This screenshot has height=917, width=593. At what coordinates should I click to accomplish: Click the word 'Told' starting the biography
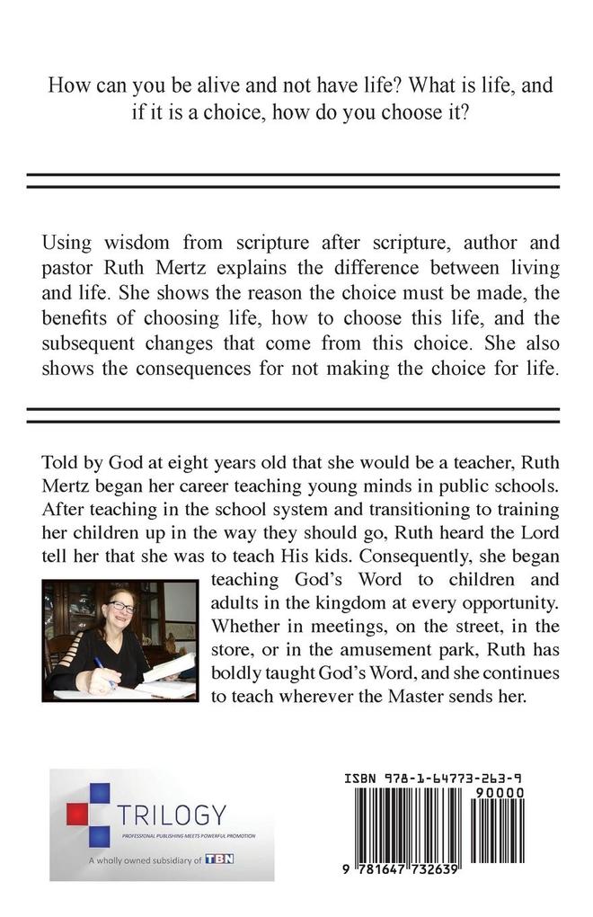[59, 464]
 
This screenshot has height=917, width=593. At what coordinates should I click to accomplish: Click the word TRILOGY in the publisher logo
[172, 815]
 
